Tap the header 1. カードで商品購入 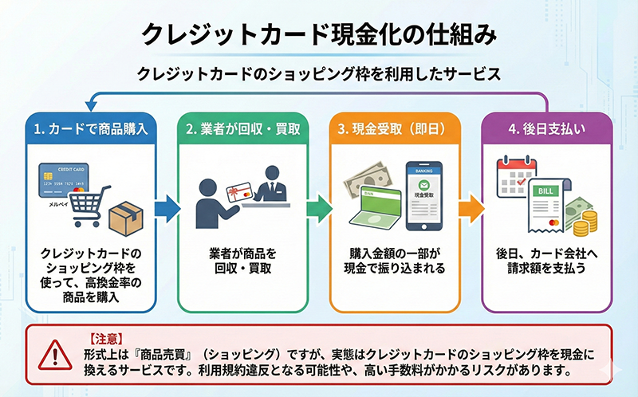93,128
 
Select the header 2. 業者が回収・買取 243,128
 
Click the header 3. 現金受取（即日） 394,128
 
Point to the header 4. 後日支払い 545,128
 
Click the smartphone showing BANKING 424,191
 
